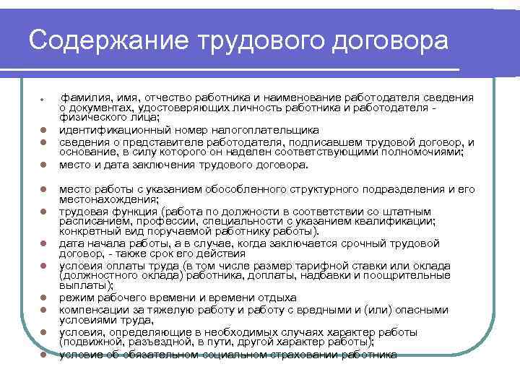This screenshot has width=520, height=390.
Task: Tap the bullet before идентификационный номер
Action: click(x=44, y=131)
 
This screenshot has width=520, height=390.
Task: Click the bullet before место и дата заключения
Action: click(x=44, y=165)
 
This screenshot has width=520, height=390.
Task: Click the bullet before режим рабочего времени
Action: click(x=44, y=298)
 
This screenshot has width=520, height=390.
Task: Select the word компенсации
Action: click(x=97, y=310)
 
